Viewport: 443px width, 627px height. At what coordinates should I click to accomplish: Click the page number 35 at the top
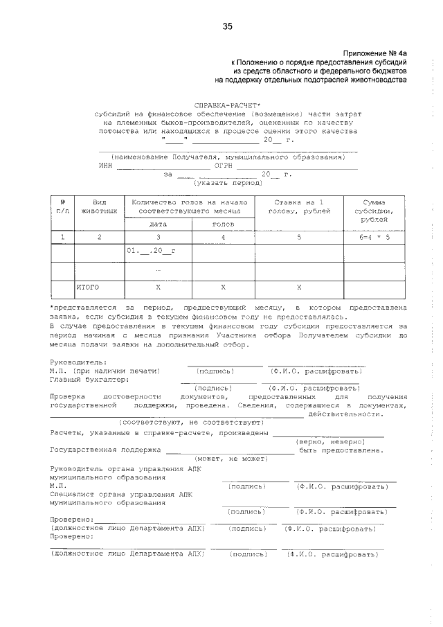pyautogui.click(x=227, y=26)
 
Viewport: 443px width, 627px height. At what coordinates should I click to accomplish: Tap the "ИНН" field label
pyautogui.click(x=106, y=166)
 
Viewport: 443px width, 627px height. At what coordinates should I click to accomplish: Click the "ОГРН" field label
pyautogui.click(x=224, y=166)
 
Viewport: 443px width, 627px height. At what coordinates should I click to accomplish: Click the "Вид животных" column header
pyautogui.click(x=99, y=206)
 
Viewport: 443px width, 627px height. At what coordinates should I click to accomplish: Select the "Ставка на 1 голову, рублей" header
pyautogui.click(x=299, y=206)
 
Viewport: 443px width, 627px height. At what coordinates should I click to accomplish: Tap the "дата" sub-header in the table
pyautogui.click(x=158, y=224)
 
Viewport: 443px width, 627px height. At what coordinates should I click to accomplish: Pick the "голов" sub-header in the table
pyautogui.click(x=223, y=224)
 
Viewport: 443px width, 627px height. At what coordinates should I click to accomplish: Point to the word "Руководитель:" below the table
pyautogui.click(x=78, y=362)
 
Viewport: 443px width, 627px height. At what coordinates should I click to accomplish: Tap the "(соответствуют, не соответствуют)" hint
pyautogui.click(x=190, y=422)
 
